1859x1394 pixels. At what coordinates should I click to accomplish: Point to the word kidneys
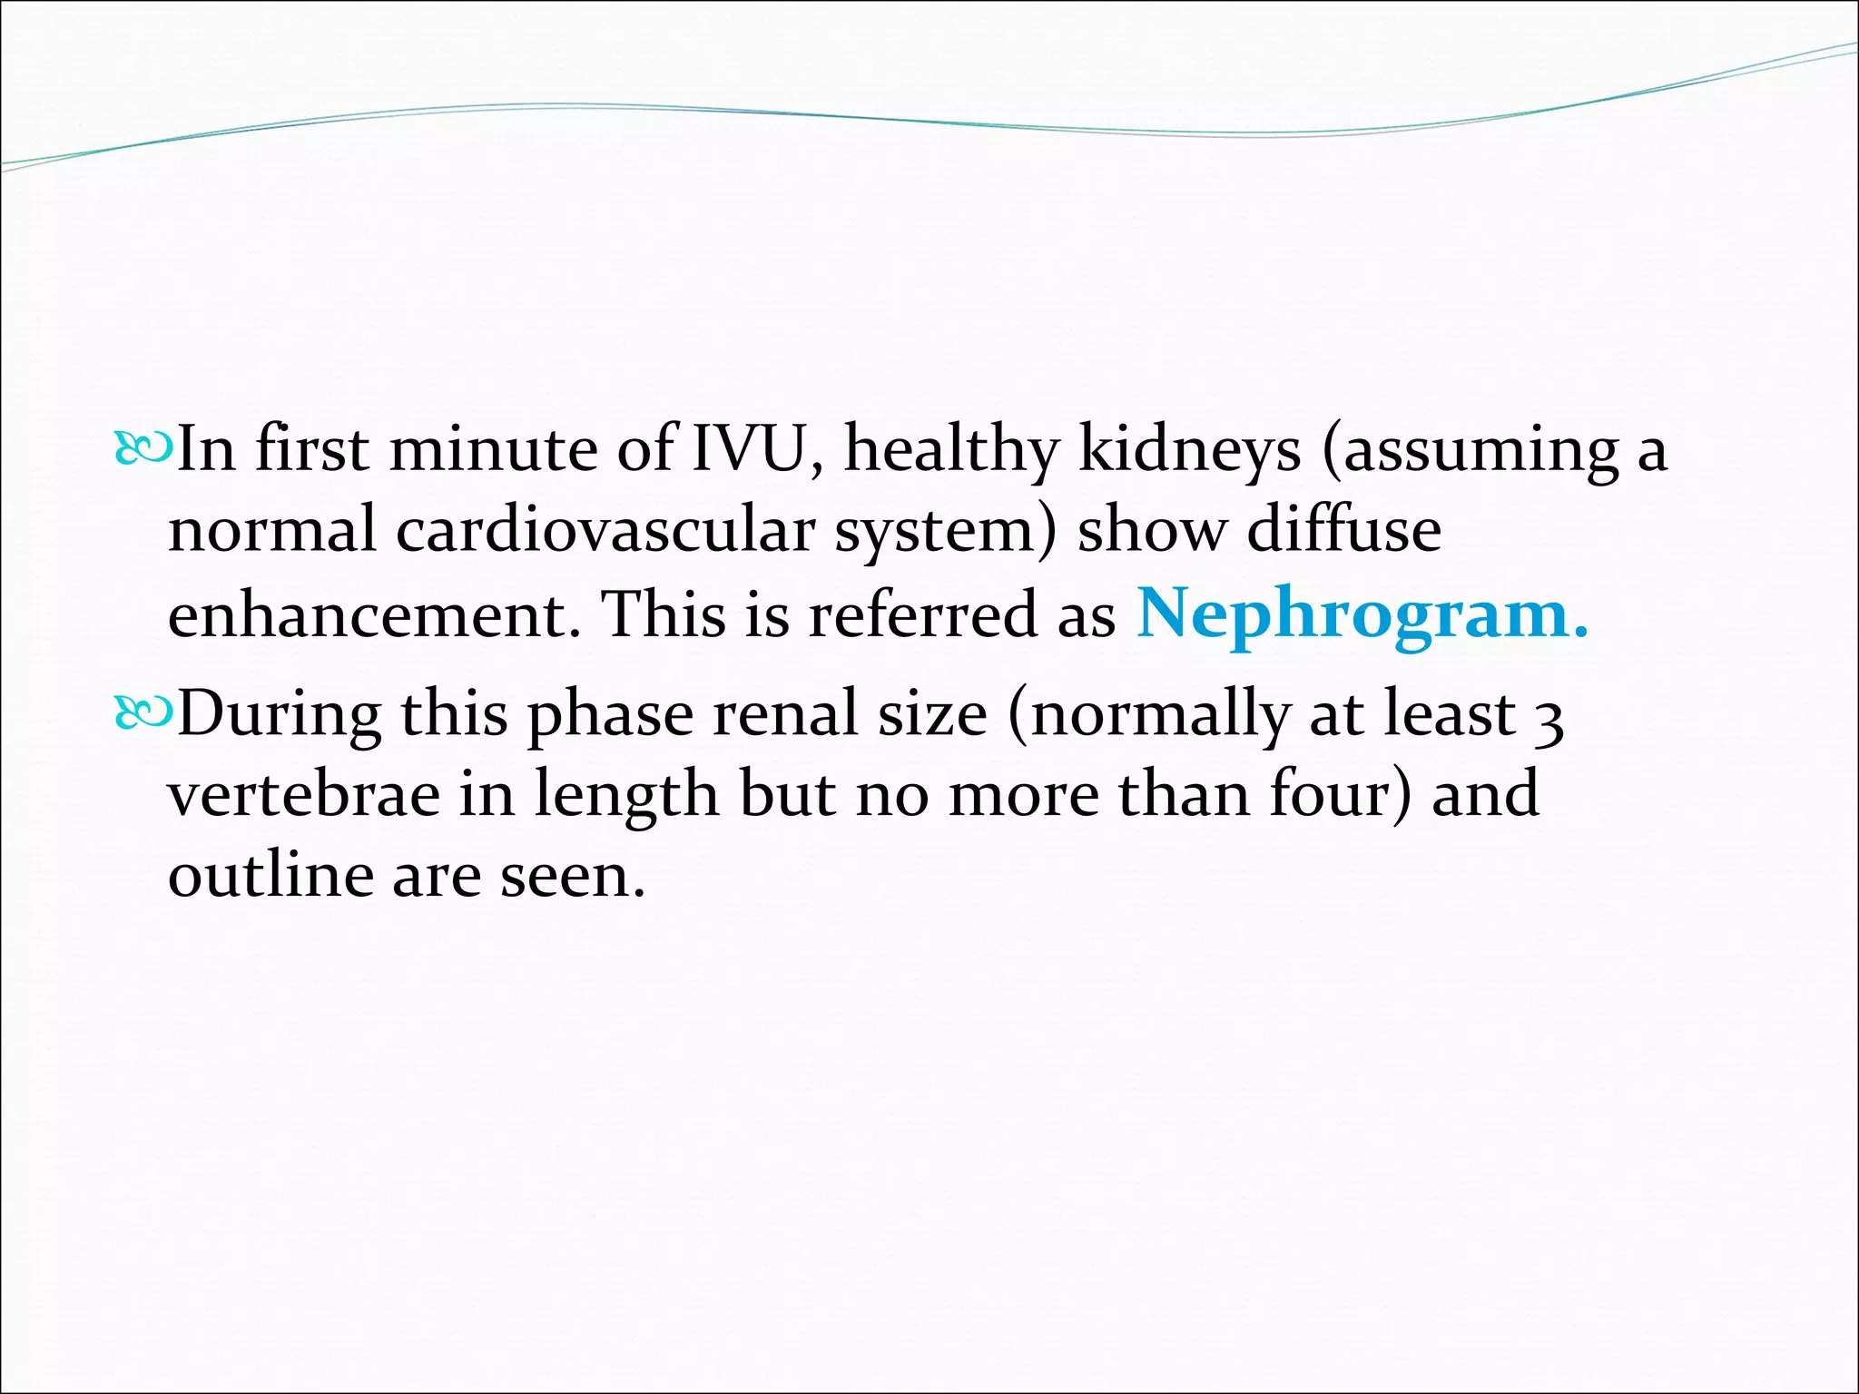tap(1189, 450)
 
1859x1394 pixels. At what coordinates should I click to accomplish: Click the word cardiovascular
tap(605, 530)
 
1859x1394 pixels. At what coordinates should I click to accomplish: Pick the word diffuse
tap(1344, 530)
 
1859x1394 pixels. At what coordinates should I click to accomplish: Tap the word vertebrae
tap(303, 793)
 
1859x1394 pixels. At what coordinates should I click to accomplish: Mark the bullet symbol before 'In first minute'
tap(142, 449)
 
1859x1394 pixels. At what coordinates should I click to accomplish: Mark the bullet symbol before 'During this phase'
tap(142, 714)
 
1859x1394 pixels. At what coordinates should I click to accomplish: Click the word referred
tap(922, 615)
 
